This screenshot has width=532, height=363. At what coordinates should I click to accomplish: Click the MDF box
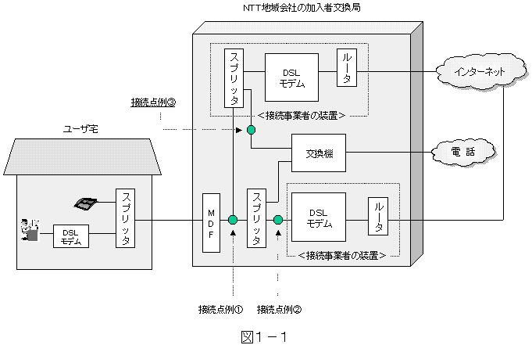212,221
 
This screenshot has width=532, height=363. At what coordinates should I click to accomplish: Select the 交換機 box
318,153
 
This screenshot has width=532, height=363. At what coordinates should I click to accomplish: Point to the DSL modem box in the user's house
71,236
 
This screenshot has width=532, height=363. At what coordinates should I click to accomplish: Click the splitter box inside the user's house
125,218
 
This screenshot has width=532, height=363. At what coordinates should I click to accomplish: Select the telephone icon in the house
85,203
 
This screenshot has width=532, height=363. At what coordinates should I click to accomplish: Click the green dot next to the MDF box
233,221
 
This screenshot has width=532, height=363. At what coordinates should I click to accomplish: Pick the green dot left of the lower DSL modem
277,221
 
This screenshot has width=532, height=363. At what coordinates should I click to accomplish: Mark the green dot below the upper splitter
251,129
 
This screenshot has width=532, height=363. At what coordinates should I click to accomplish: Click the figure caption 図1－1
265,338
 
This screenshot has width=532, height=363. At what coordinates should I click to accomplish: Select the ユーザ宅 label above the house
82,128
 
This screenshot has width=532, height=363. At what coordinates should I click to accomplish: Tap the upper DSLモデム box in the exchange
291,76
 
